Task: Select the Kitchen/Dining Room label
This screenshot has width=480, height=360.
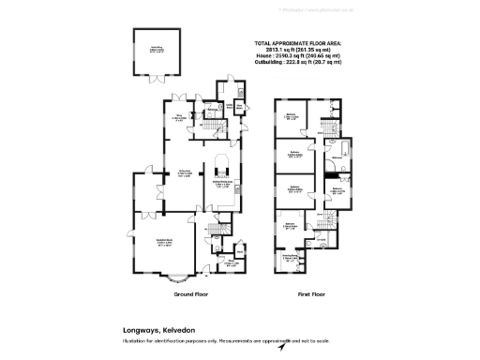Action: [221, 184]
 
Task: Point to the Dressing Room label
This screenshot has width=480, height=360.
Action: [289, 257]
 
